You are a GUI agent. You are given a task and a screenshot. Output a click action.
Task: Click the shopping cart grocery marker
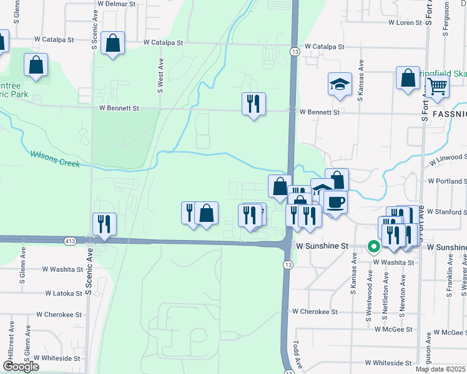click(x=437, y=87)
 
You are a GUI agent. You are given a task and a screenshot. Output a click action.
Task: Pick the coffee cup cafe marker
click(x=335, y=203)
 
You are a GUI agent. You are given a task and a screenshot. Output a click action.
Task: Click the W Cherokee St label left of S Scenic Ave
click(x=59, y=315)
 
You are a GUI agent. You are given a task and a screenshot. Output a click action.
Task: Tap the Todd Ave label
click(x=298, y=354)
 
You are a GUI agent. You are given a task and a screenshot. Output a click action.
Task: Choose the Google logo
click(x=21, y=367)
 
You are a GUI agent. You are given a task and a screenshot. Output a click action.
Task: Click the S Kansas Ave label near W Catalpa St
click(x=360, y=80)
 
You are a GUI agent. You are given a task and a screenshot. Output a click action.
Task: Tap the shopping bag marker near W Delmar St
click(x=112, y=44)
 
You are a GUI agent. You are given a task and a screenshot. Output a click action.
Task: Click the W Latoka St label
click(x=64, y=292)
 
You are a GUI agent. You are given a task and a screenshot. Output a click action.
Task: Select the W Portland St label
click(x=446, y=181)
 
